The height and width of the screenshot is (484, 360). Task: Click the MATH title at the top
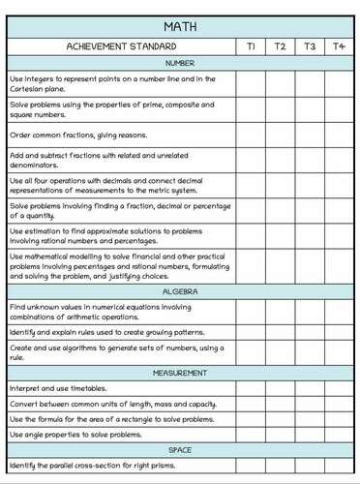click(180, 25)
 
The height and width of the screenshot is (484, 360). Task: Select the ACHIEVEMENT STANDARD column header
click(121, 45)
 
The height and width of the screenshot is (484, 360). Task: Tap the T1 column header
click(251, 45)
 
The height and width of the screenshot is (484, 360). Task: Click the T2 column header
click(280, 45)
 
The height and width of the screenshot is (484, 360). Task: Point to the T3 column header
click(310, 45)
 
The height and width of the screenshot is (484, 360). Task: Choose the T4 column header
click(339, 45)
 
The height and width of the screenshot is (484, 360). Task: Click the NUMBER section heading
click(180, 63)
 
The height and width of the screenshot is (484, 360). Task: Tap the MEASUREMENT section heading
click(180, 373)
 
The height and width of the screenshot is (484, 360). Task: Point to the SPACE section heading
click(180, 450)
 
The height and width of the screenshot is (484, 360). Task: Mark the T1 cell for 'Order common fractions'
click(251, 135)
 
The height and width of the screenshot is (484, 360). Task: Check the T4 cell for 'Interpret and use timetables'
click(339, 387)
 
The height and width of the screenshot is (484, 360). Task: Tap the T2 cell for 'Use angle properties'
click(280, 435)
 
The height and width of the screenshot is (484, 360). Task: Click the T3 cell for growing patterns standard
click(310, 331)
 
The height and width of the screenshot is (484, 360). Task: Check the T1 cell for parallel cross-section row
click(251, 467)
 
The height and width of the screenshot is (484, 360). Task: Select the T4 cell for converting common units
click(339, 403)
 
